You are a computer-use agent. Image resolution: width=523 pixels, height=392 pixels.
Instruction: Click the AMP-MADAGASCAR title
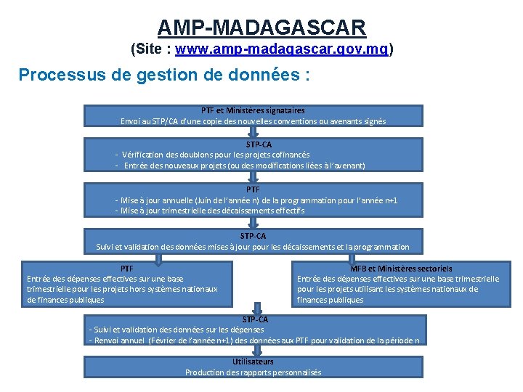coord(261,28)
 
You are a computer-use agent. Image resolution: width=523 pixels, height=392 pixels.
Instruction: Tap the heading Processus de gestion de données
coord(163,75)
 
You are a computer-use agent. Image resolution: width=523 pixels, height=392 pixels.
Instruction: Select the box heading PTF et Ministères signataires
coord(253,111)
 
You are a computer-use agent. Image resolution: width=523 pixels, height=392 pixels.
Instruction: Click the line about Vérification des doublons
coord(216,155)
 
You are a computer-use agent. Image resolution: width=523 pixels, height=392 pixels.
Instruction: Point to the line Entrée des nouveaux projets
coord(244,166)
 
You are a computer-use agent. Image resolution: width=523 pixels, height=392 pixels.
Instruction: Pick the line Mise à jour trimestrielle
coord(210,211)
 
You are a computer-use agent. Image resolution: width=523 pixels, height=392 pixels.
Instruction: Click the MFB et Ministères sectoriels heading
coord(400,269)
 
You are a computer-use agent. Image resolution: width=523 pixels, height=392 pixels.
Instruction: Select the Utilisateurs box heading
coord(253,362)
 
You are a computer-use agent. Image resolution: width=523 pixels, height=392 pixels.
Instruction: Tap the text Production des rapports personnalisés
coord(253,372)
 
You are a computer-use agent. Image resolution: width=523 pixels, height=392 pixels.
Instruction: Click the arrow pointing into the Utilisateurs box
coord(253,351)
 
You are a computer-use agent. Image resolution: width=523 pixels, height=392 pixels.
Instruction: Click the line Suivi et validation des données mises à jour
coord(253,247)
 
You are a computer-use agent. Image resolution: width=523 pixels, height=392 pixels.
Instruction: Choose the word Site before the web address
coord(149,50)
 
